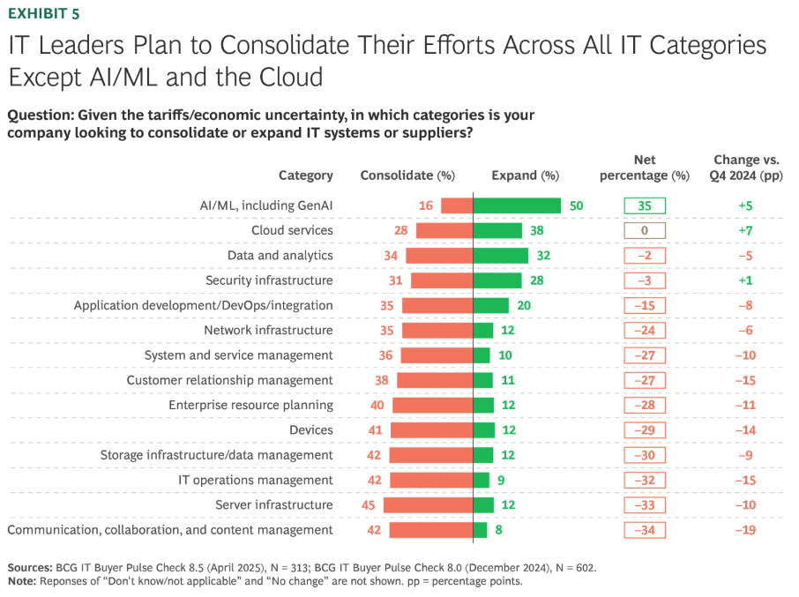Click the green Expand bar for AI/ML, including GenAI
pos(517,205)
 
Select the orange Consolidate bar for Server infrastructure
pos(428,505)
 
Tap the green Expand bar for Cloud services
pos(498,230)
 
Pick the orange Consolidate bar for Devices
pos(431,430)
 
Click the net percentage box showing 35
pos(645,205)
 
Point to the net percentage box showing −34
pos(645,530)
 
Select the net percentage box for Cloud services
pos(645,230)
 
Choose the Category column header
pos(305,175)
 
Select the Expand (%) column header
pos(526,175)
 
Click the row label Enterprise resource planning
pos(250,406)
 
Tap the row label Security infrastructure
pos(269,280)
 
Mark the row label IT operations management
pos(256,481)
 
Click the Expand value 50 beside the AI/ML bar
pos(577,205)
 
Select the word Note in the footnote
pos(20,581)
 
